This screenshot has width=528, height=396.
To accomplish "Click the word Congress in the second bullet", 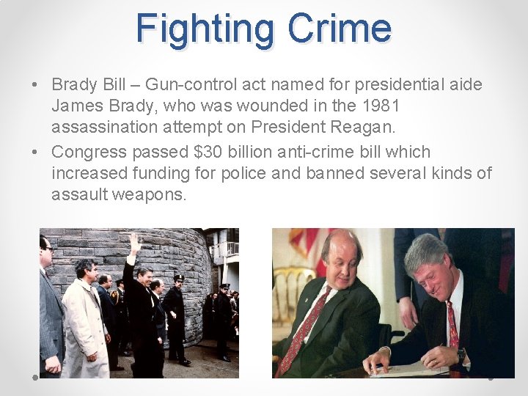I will click(89, 153).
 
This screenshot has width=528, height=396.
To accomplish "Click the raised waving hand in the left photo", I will click(135, 242).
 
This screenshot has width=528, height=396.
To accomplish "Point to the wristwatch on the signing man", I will click(461, 356).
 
